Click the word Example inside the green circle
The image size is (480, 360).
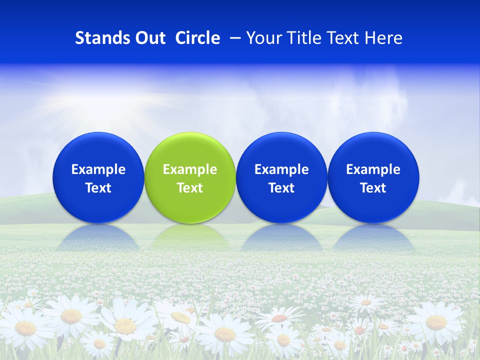(190, 169)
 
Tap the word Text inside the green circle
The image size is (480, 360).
(190, 188)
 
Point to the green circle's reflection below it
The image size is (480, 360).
(190, 238)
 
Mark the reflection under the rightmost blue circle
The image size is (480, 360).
(373, 238)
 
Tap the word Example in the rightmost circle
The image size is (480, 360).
(373, 169)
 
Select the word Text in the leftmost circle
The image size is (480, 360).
(98, 188)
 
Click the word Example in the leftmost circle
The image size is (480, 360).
(98, 169)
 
